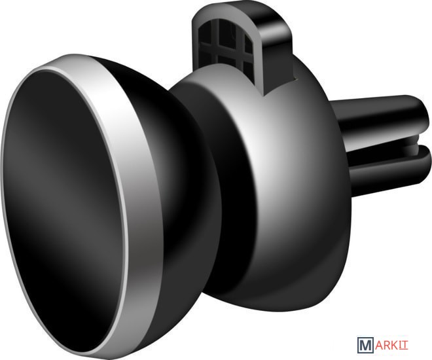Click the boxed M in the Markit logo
(365, 345)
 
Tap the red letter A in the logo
(380, 345)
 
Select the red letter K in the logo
(395, 345)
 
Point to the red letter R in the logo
(388, 345)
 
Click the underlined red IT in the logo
(404, 345)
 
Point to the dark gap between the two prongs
(386, 143)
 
